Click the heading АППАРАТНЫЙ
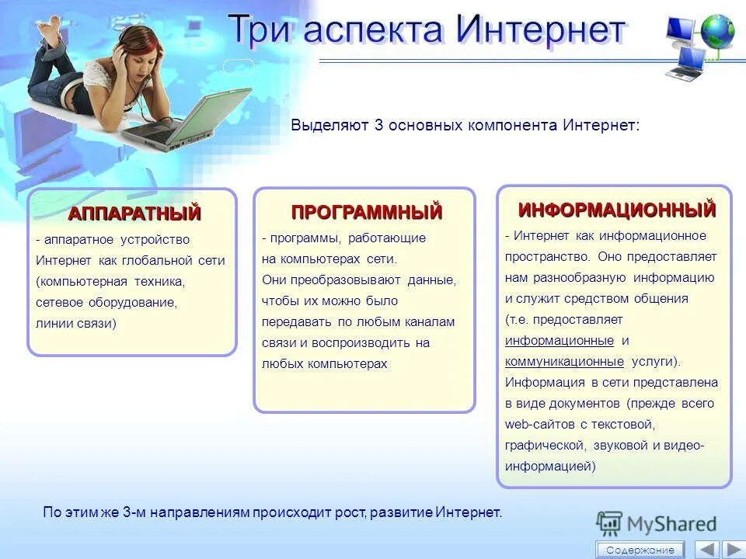pyautogui.click(x=134, y=213)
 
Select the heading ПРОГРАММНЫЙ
pyautogui.click(x=367, y=211)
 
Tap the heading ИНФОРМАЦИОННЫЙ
pyautogui.click(x=617, y=210)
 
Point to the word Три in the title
pyautogui.click(x=260, y=30)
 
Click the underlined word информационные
pyautogui.click(x=559, y=341)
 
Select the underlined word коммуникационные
pyautogui.click(x=564, y=362)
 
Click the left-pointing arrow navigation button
pyautogui.click(x=706, y=550)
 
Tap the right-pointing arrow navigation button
pyautogui.click(x=732, y=550)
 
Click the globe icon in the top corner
pyautogui.click(x=716, y=31)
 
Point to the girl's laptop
pyautogui.click(x=194, y=120)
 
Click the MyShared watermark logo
pyautogui.click(x=657, y=523)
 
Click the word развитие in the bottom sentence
pyautogui.click(x=401, y=512)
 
